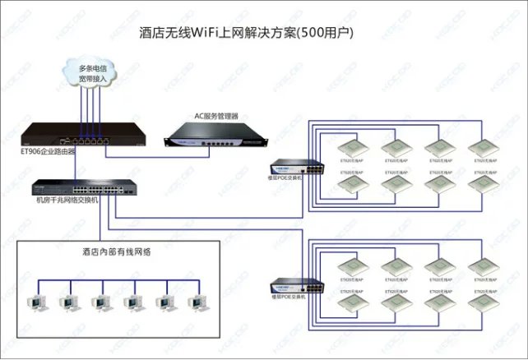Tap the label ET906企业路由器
click(x=48, y=151)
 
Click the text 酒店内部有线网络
click(x=116, y=252)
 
